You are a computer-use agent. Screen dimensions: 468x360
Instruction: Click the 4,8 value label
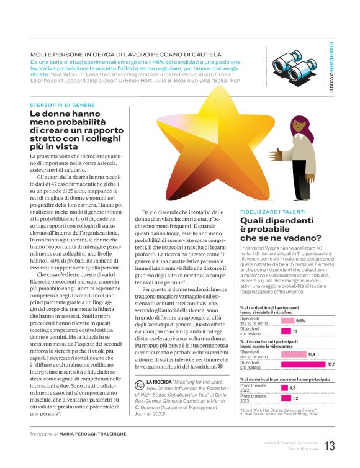pyautogui.click(x=293, y=388)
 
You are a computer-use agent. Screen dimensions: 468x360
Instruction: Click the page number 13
pyautogui.click(x=330, y=446)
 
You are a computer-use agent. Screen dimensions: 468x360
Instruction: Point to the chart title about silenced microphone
pyautogui.click(x=267, y=310)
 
